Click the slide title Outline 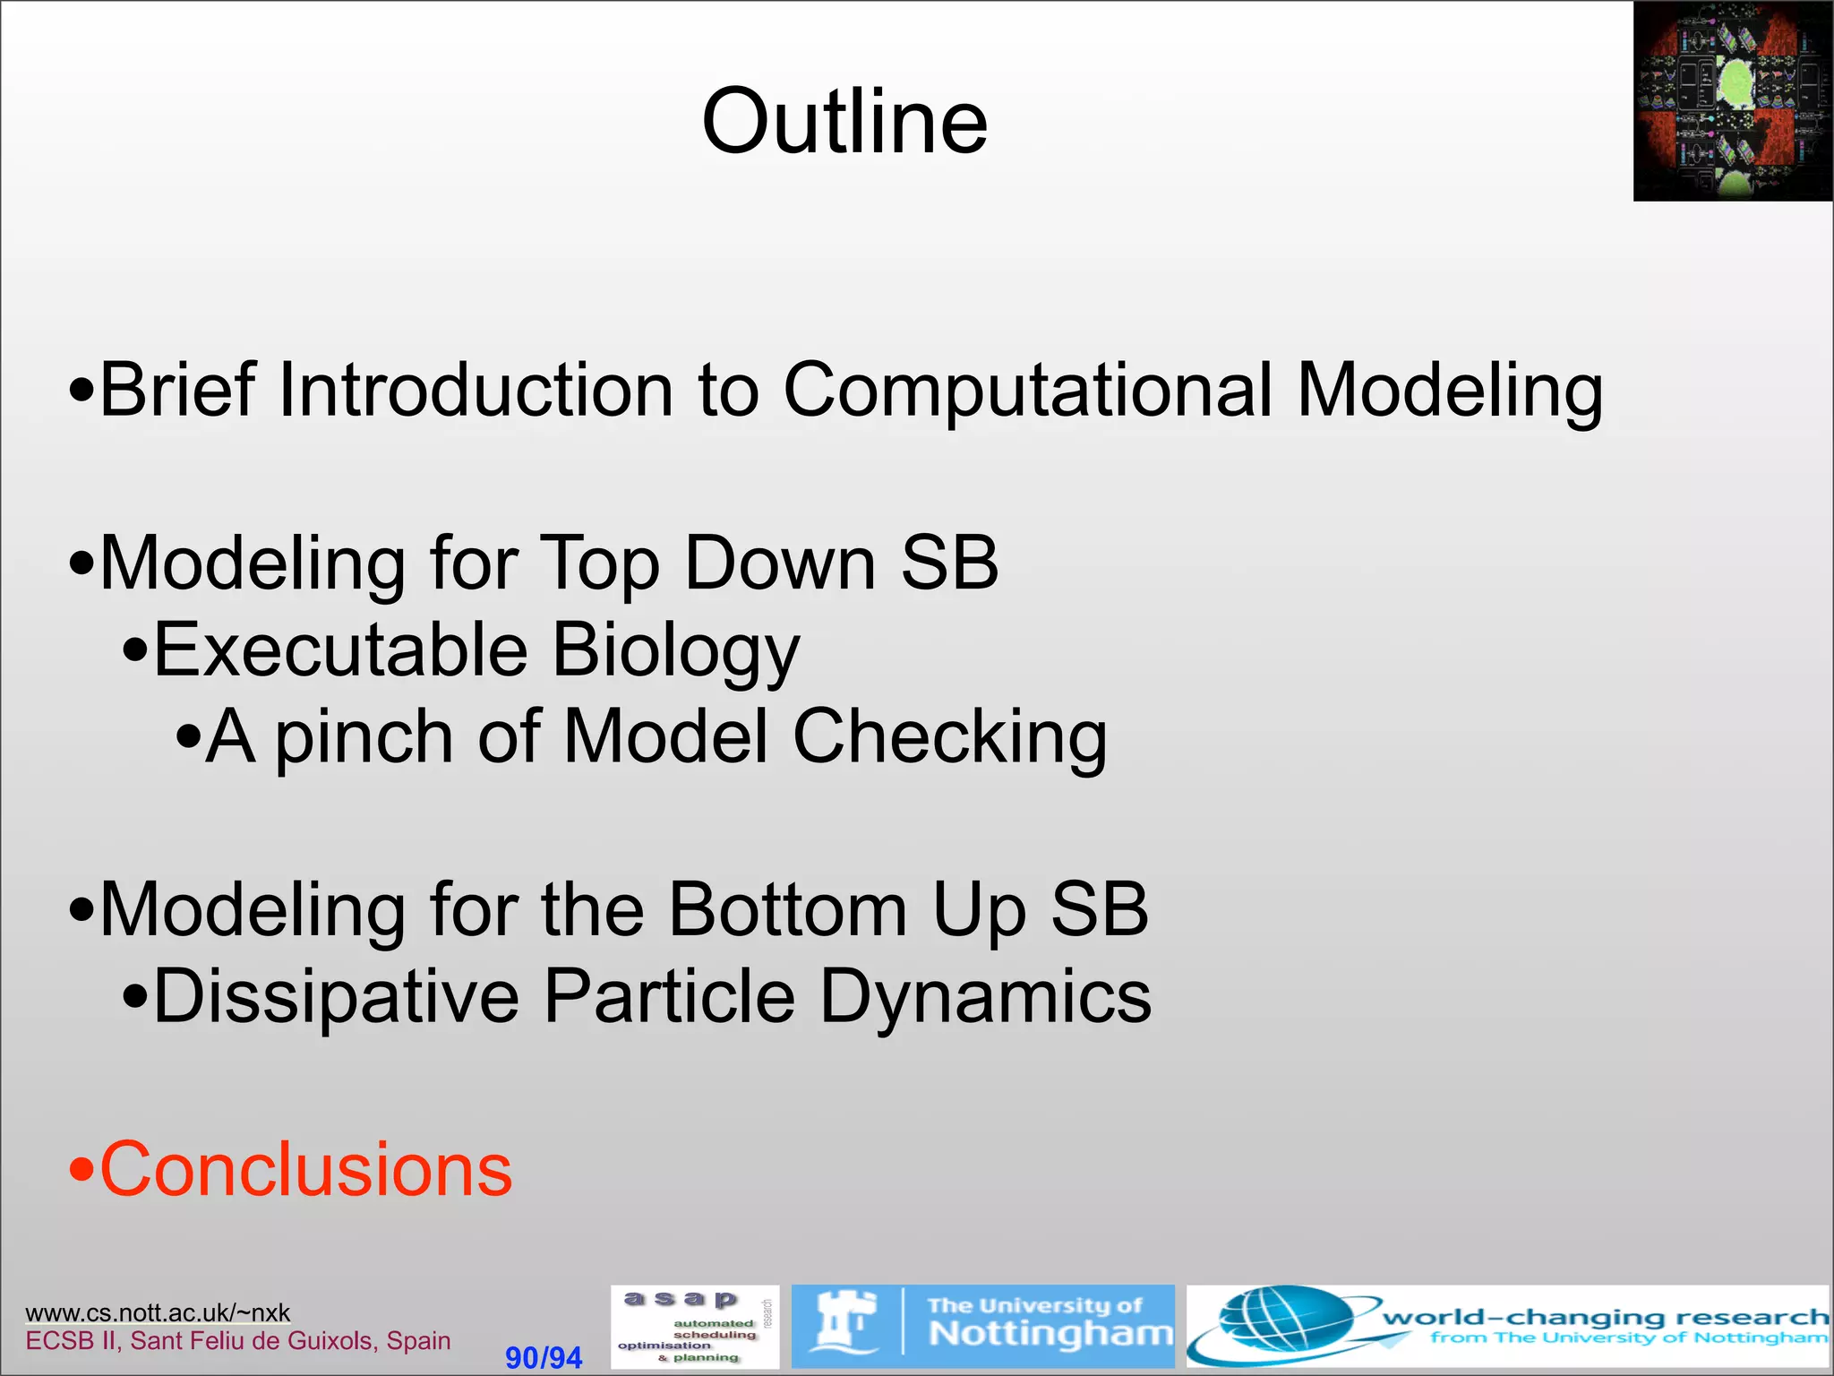point(844,122)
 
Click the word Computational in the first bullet point(1027,391)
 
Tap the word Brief point(177,391)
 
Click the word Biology point(676,652)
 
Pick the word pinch point(363,738)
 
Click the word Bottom point(788,910)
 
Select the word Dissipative point(336,996)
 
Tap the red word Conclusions point(304,1170)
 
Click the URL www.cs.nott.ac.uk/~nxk point(158,1312)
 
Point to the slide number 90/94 point(544,1357)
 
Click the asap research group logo point(694,1327)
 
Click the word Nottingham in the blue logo point(1050,1334)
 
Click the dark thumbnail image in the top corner point(1733,100)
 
